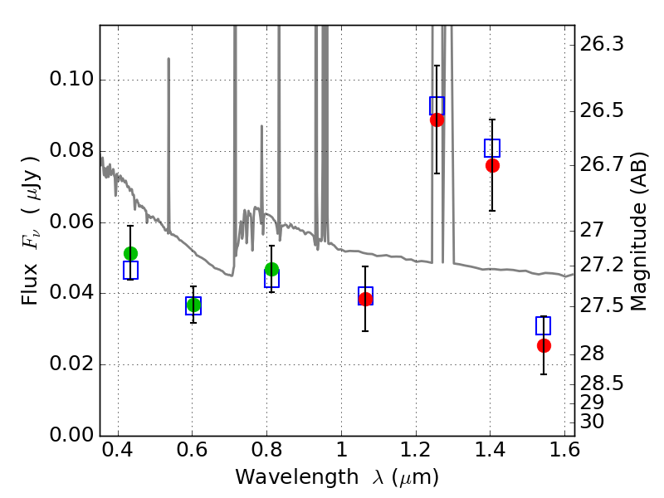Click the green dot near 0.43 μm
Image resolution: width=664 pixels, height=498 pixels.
click(130, 254)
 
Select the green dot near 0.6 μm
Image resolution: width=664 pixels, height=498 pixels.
click(193, 305)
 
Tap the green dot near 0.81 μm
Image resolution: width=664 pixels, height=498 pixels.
click(272, 269)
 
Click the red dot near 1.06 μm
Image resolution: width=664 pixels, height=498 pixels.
click(365, 299)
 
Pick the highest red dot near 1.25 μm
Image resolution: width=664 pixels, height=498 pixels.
click(437, 120)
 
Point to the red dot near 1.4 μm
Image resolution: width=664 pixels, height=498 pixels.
click(492, 165)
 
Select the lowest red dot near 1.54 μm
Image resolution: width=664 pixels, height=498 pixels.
click(544, 345)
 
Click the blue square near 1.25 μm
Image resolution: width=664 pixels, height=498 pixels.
click(437, 106)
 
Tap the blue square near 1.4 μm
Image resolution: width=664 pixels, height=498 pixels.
click(492, 148)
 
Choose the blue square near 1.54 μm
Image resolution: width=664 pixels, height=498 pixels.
click(544, 325)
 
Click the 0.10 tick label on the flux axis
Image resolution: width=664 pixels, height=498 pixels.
click(71, 79)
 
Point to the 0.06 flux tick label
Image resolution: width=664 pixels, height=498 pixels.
click(71, 222)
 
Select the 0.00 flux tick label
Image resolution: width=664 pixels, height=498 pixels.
click(71, 435)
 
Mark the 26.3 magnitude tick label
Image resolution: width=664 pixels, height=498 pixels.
click(602, 44)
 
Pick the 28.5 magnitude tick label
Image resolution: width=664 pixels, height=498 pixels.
click(602, 383)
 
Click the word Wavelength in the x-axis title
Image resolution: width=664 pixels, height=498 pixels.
click(297, 477)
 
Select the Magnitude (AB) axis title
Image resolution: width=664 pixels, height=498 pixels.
click(639, 232)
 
